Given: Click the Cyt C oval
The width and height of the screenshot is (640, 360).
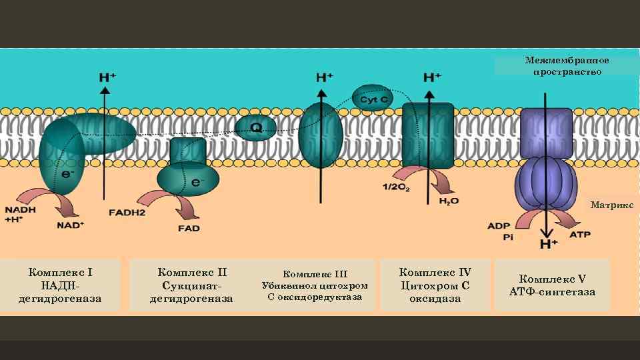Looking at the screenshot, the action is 373,99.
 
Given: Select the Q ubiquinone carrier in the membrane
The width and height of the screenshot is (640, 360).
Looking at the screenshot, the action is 255,127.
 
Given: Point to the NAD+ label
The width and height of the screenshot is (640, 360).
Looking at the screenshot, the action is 71,225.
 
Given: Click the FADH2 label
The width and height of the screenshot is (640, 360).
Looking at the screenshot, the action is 127,213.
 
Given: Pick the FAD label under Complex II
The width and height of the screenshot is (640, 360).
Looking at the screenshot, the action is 189,228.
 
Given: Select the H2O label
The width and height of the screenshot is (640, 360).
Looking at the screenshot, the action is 449,201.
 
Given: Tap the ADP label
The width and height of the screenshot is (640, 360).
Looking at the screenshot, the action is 499,226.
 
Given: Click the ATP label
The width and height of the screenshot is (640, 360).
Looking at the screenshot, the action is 579,234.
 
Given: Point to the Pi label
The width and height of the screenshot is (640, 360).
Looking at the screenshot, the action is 508,237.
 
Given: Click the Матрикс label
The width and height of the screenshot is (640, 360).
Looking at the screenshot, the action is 611,205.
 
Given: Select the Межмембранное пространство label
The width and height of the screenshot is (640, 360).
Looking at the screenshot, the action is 567,66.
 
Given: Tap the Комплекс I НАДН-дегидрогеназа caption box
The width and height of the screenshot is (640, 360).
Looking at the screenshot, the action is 61,285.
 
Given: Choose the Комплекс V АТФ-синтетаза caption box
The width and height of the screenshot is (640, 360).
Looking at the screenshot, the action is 552,285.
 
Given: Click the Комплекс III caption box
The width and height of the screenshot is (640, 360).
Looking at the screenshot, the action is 315,285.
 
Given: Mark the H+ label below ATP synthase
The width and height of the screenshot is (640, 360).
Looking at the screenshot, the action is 549,245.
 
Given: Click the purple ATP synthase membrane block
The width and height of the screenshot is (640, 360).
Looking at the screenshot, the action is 546,133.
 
